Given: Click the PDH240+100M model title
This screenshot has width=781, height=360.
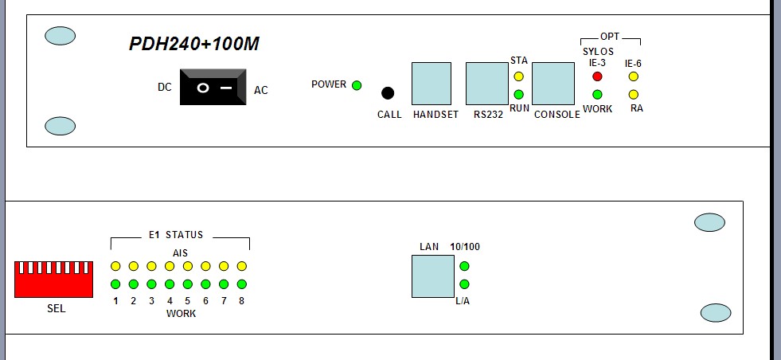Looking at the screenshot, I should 194,45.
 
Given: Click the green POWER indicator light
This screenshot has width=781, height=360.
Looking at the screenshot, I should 357,85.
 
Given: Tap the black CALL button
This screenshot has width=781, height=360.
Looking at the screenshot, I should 389,93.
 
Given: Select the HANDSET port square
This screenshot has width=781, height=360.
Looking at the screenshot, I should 431,83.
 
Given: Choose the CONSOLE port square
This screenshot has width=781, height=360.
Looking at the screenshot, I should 553,83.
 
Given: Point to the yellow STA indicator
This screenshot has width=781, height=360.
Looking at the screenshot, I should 518,77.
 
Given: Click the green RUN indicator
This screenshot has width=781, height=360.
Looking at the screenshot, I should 518,95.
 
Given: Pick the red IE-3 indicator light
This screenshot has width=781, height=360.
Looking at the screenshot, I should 597,77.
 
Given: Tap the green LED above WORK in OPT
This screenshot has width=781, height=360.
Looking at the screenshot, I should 597,95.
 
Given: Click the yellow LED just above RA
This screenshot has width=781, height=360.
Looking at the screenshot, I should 634,95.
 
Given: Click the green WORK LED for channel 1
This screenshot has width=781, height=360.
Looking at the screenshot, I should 115,284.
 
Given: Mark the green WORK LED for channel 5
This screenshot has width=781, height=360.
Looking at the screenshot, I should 188,284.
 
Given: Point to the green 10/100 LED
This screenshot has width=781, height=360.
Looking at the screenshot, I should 465,267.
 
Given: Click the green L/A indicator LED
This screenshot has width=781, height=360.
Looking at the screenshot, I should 465,284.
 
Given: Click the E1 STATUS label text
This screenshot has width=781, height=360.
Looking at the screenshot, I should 176,235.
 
